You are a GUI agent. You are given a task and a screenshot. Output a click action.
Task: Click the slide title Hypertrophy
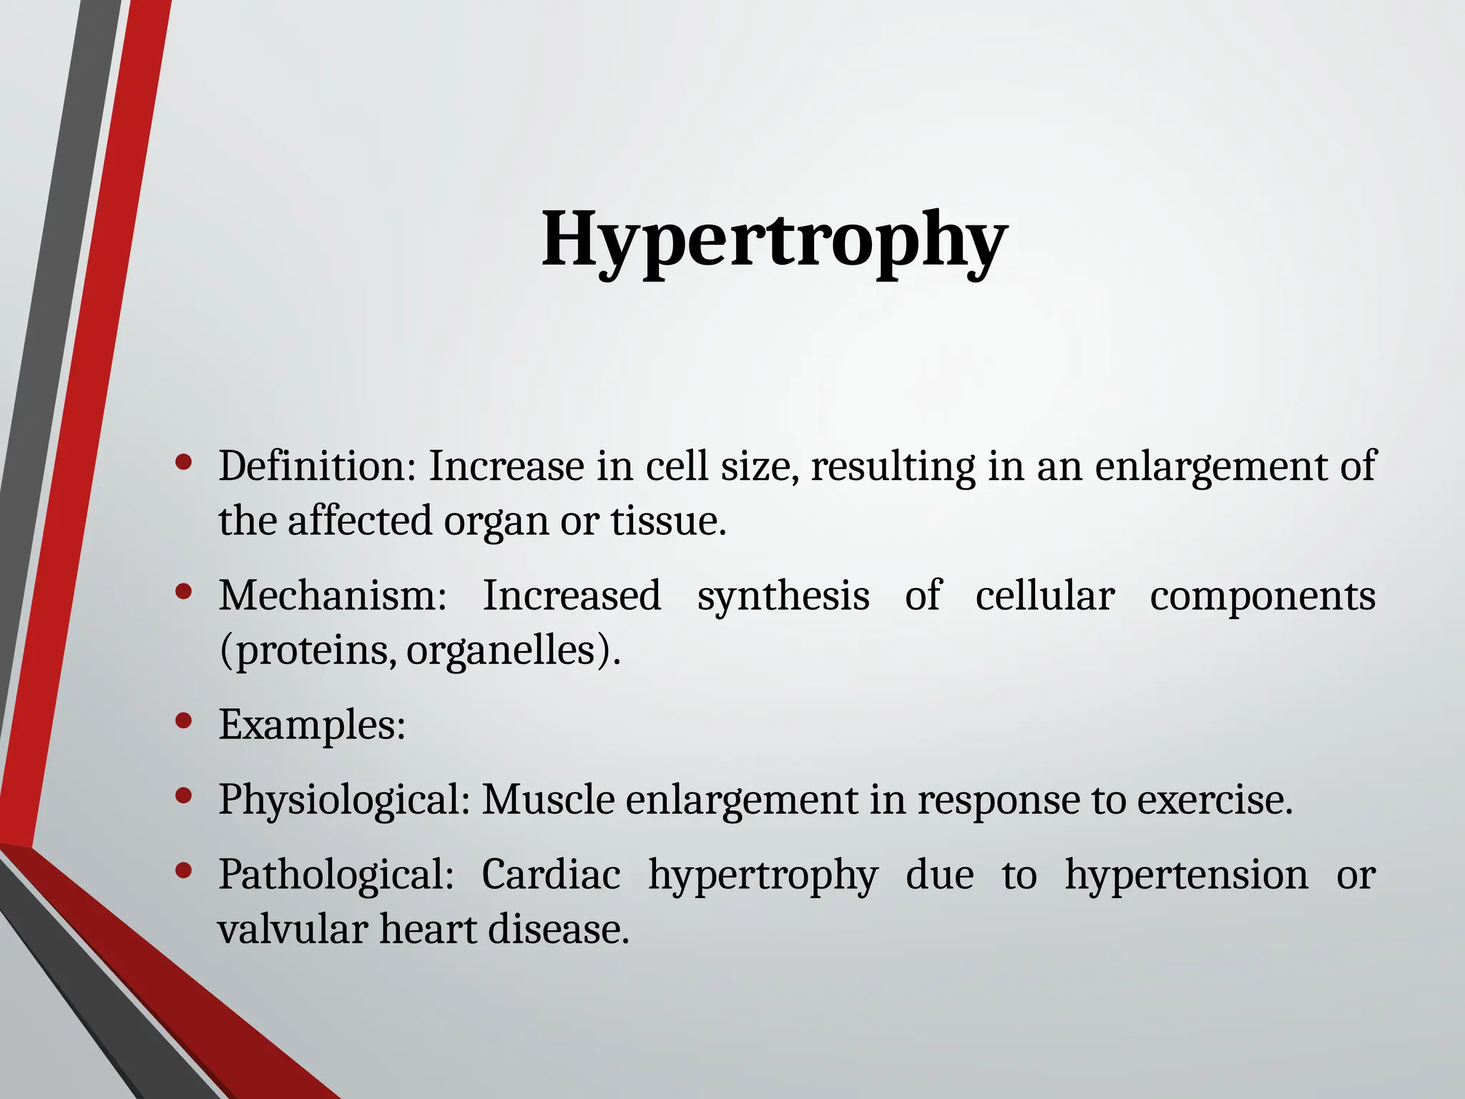(774, 239)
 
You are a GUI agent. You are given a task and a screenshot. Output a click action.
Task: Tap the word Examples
(311, 724)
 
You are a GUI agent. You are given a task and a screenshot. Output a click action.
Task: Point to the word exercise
(1214, 799)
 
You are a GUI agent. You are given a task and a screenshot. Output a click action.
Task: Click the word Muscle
(548, 799)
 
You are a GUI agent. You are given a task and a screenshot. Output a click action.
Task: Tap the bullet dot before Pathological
(184, 871)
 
